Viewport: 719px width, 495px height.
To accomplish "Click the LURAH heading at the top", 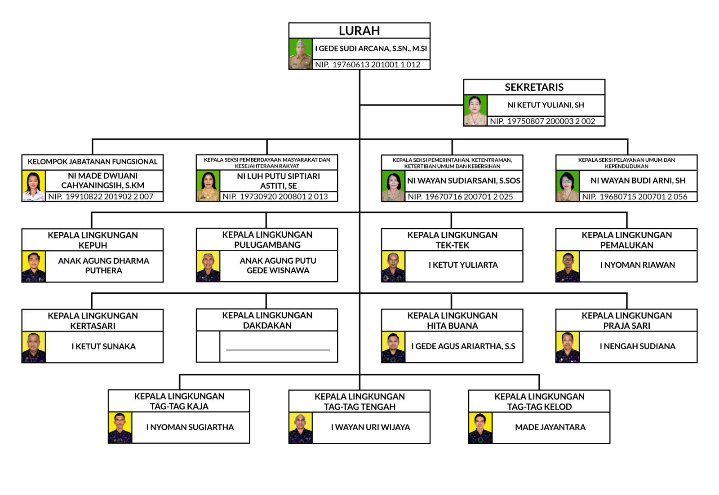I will tap(359, 31).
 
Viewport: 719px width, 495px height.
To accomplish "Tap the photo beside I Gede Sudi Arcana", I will tap(301, 54).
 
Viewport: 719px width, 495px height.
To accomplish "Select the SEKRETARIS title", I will tap(534, 87).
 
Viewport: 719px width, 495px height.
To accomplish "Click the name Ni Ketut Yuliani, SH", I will tap(546, 105).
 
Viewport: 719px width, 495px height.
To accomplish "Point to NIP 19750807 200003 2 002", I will tap(542, 121).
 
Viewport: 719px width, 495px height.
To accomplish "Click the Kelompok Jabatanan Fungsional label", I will tap(93, 162).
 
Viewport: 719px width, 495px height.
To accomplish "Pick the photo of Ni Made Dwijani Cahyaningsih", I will tap(34, 186).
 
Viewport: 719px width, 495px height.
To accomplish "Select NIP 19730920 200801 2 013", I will tap(275, 197).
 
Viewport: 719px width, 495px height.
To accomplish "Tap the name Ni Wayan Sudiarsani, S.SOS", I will tap(463, 181).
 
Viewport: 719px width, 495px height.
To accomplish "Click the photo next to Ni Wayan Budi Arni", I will tap(568, 186).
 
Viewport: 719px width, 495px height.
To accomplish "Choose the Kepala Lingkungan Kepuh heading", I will tap(93, 240).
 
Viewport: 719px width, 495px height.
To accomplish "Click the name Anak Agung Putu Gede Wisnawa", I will tap(278, 265).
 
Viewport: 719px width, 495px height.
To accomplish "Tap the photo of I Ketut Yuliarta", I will tap(393, 267).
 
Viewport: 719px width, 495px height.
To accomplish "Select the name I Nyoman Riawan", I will tap(637, 265).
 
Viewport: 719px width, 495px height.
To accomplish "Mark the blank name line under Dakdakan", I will tap(278, 349).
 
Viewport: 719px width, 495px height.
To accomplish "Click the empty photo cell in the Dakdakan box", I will tap(208, 347).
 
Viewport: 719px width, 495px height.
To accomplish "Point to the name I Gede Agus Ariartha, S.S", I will tap(463, 346).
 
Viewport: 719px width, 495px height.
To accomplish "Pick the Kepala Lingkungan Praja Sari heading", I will tap(626, 321).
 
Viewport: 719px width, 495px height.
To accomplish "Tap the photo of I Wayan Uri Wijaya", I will tap(301, 428).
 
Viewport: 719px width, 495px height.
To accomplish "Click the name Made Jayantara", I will tap(550, 427).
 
